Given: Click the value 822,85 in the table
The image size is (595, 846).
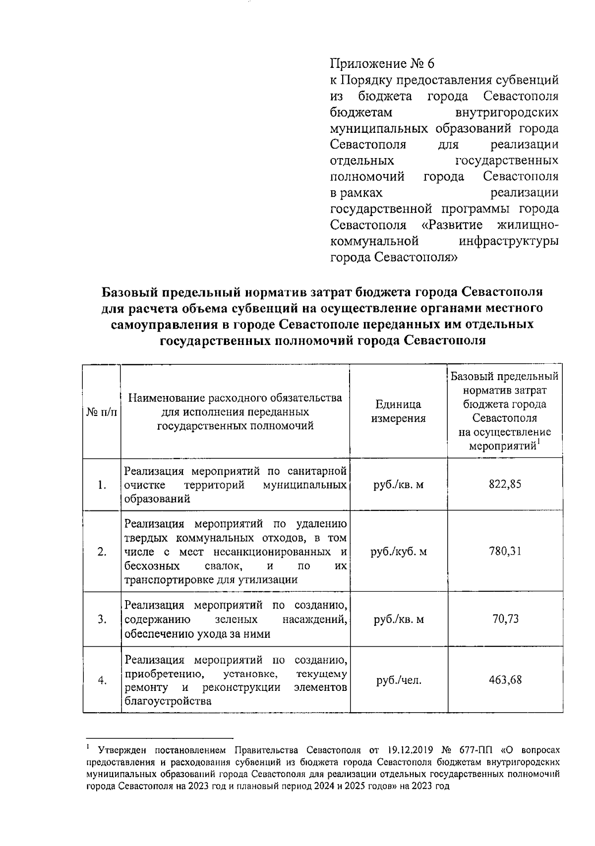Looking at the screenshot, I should click(505, 485).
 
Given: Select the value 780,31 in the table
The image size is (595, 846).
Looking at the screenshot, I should click(505, 552).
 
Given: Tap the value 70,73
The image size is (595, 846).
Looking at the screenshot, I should click(505, 619).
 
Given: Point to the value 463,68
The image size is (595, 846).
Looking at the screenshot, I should click(505, 680).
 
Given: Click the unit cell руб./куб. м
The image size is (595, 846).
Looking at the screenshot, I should click(399, 552).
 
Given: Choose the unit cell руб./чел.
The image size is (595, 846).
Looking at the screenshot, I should click(399, 680).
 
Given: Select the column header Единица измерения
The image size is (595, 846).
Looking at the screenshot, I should click(399, 411).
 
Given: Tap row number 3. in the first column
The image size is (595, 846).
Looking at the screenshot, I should click(102, 620).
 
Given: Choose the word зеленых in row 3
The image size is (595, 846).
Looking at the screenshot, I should click(237, 620).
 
